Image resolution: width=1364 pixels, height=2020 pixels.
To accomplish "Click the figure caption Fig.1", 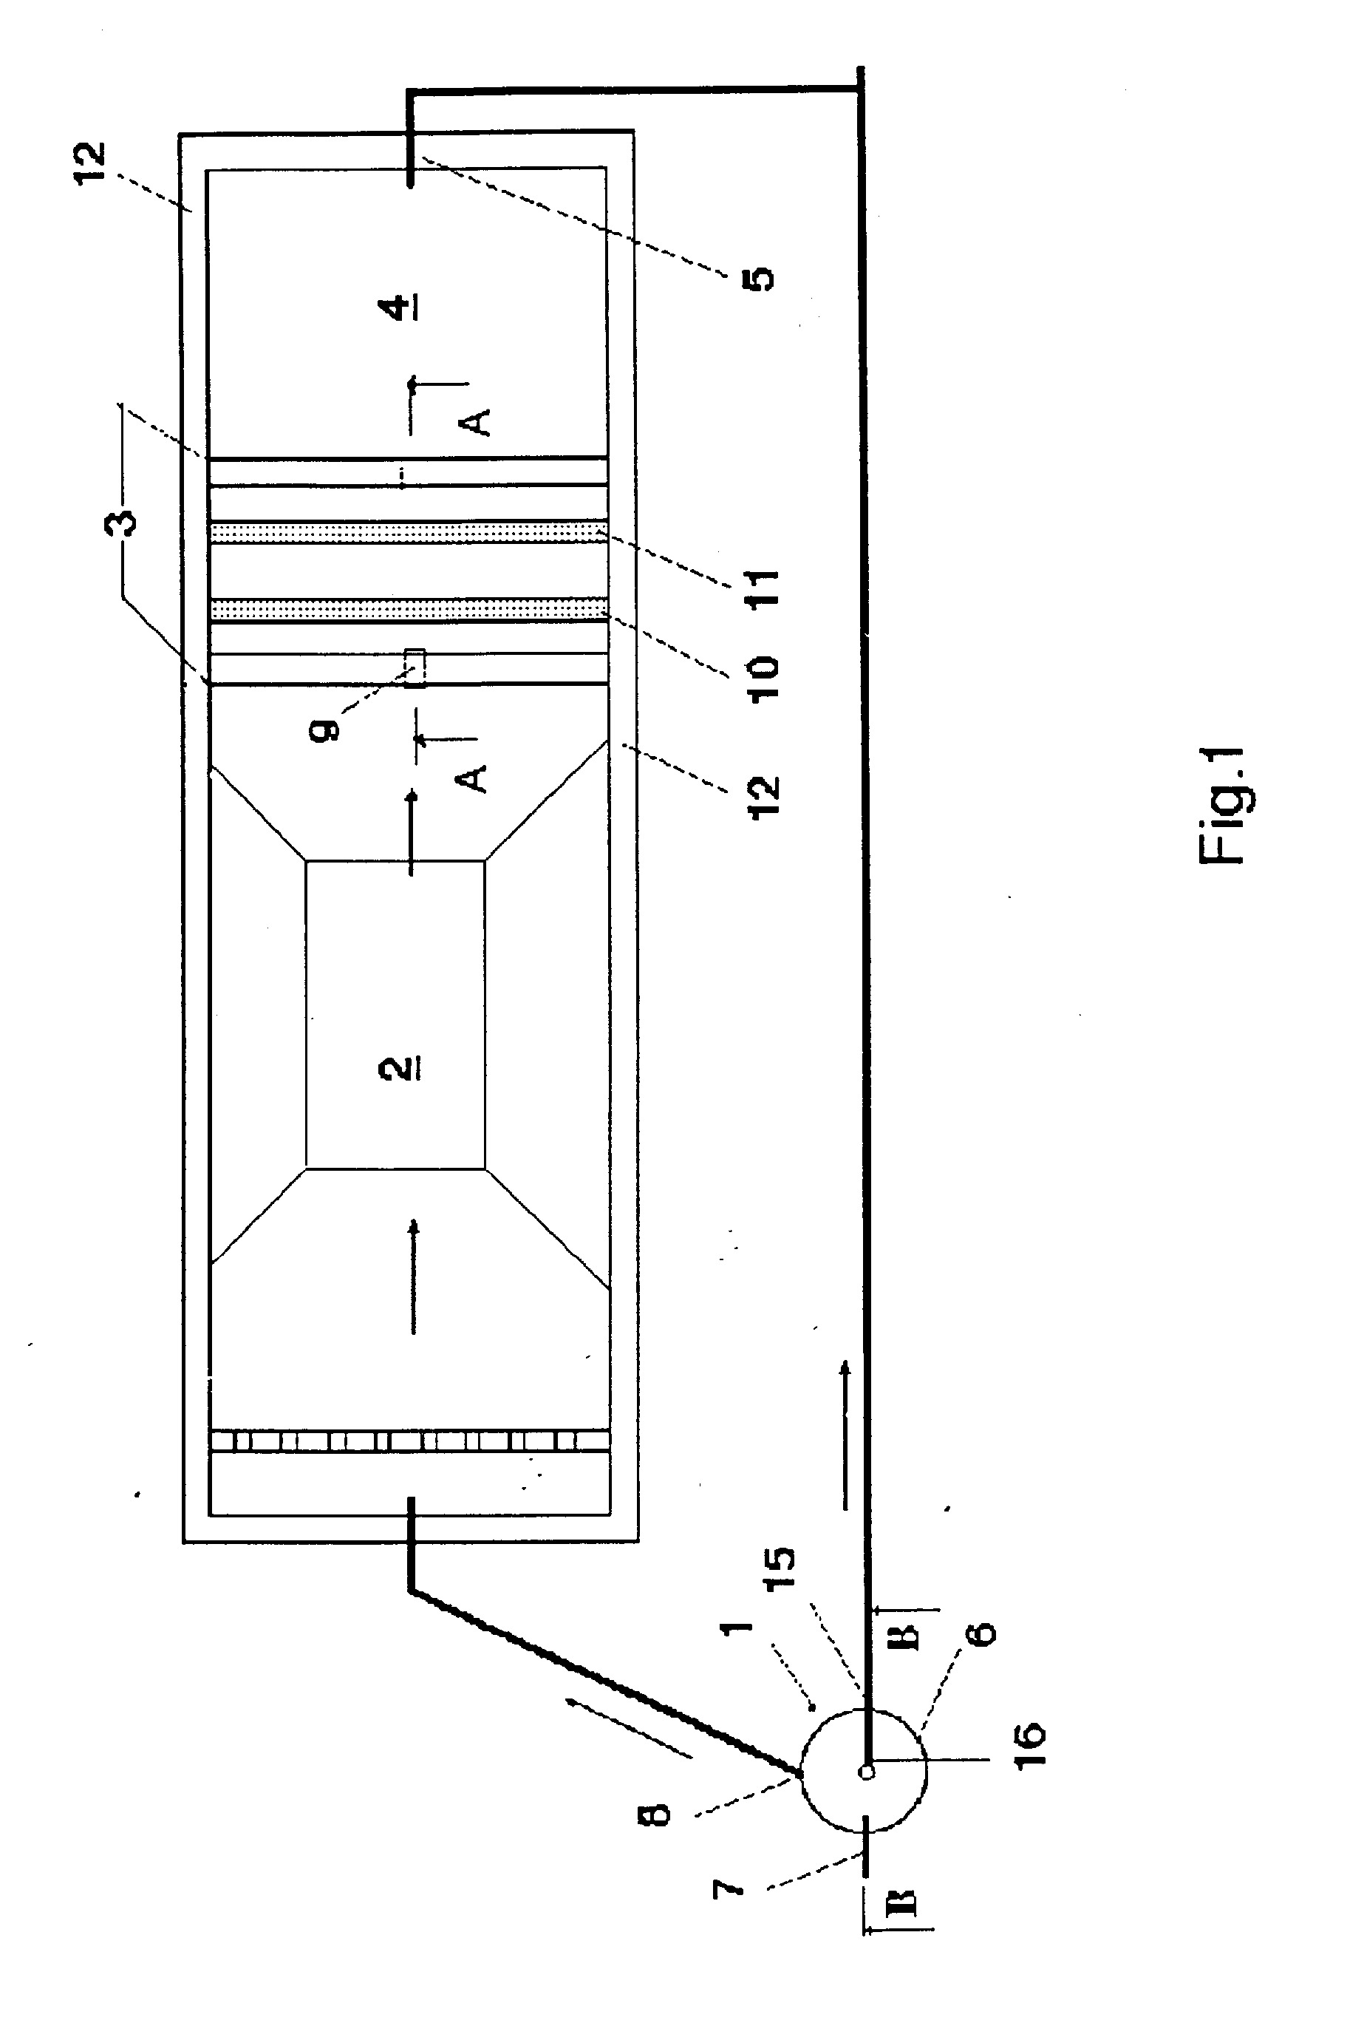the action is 1221,806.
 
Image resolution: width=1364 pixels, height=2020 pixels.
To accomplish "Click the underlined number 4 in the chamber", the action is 401,307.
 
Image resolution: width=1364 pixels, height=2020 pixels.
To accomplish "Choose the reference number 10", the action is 763,678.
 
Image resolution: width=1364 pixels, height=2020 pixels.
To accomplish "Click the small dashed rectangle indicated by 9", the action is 416,667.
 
